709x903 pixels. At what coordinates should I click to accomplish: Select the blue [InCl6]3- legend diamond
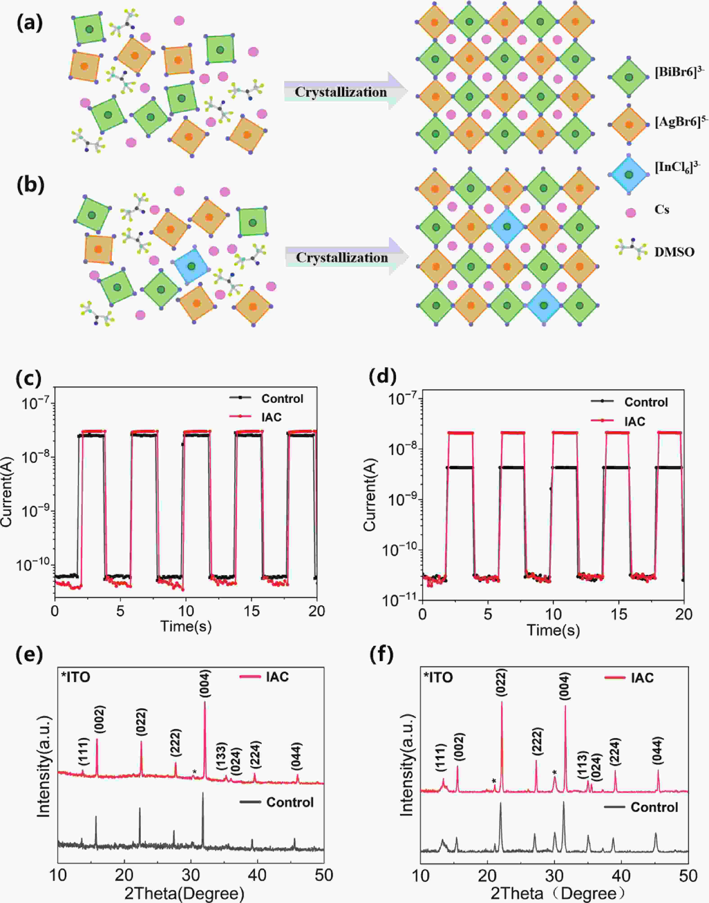coord(629,175)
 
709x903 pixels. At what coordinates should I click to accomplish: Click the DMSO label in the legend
coord(674,252)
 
